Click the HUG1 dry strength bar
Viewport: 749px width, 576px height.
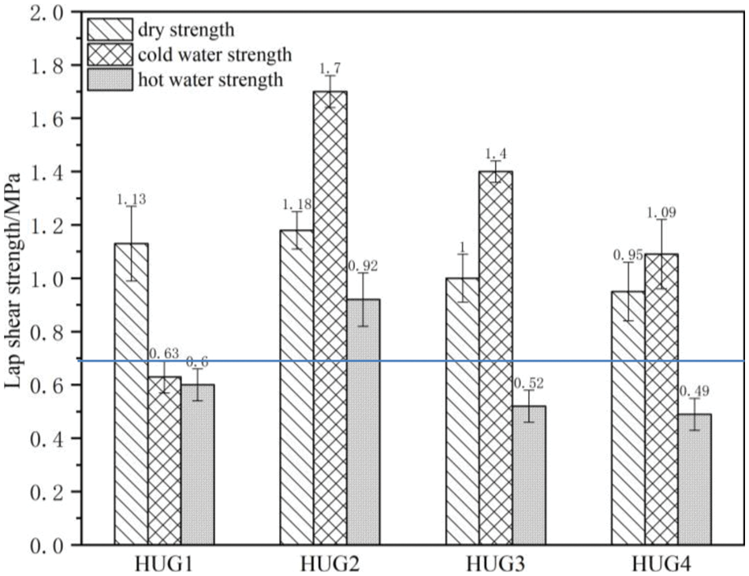coord(131,394)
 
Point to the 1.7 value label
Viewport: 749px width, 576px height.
coord(330,71)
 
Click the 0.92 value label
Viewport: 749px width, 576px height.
coord(363,266)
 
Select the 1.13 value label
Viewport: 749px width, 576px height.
coord(131,201)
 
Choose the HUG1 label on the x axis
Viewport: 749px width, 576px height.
coord(164,563)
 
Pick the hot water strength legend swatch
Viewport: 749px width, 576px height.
coord(109,79)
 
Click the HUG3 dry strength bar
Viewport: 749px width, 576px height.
coord(462,411)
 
